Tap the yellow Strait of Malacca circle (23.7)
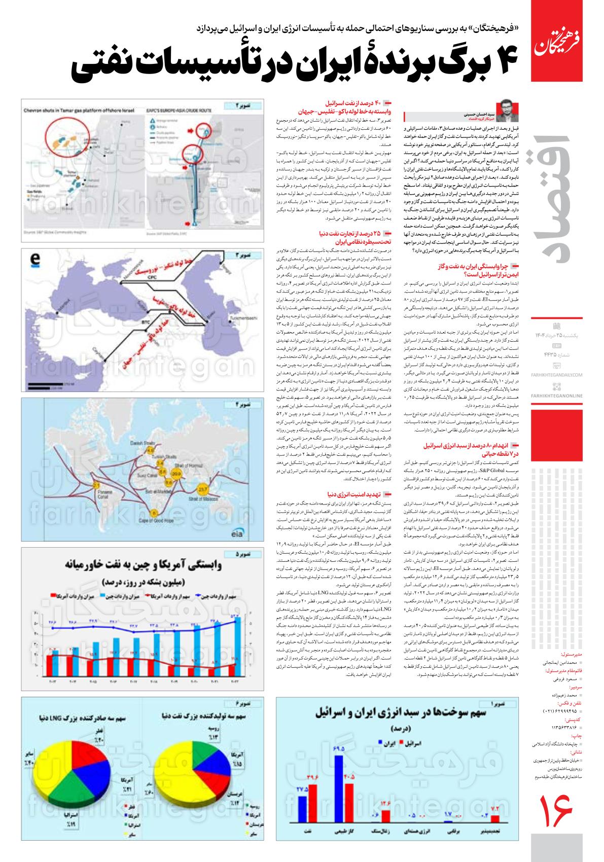[203, 490]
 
